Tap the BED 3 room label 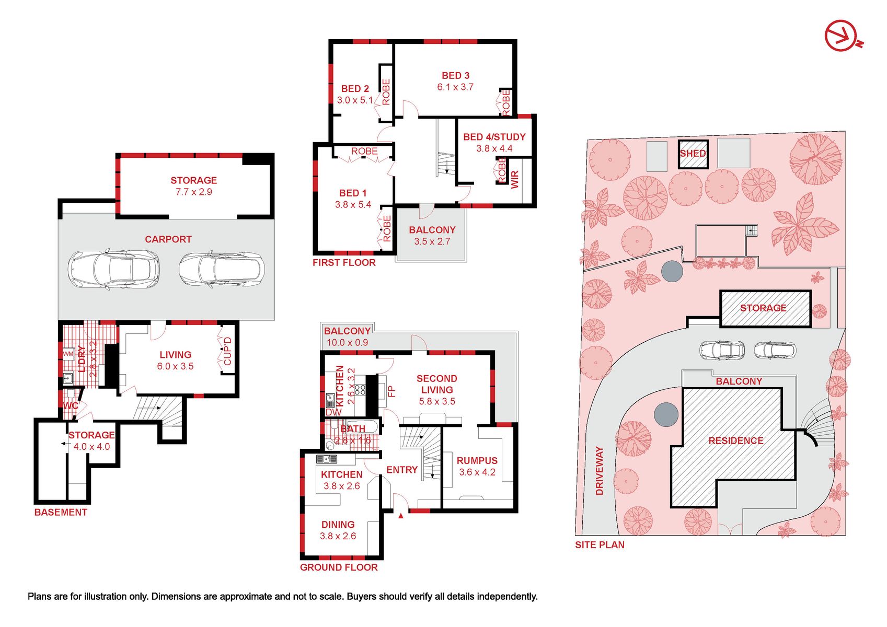click(455, 75)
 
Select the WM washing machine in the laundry click(68, 354)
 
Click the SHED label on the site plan click(693, 153)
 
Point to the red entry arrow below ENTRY click(401, 515)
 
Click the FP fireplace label click(391, 392)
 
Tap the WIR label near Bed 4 click(515, 180)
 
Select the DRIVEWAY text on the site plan click(599, 471)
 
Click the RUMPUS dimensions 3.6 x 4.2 click(477, 472)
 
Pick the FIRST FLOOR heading click(344, 262)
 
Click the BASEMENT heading click(61, 512)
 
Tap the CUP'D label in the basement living click(227, 351)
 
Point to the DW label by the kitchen click(333, 412)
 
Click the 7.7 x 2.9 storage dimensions click(193, 192)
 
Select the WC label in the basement click(71, 406)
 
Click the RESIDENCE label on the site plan click(736, 440)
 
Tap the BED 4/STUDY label click(494, 137)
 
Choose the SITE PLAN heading click(600, 544)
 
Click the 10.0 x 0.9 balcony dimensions click(347, 342)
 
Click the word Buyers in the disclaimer click(360, 597)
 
